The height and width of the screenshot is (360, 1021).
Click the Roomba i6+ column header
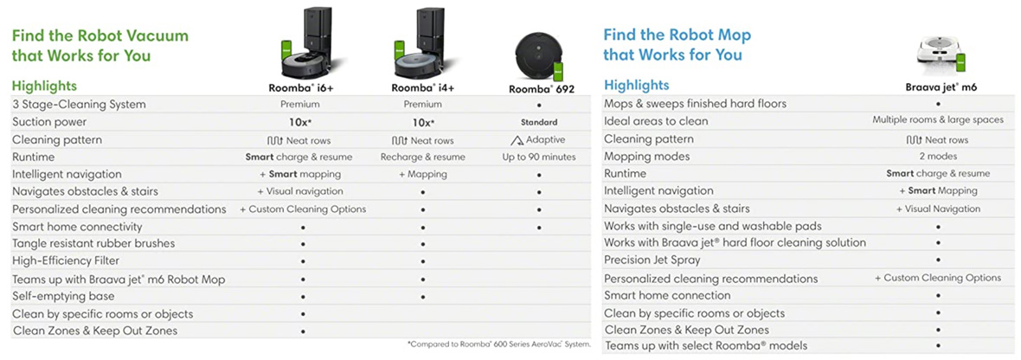coord(301,87)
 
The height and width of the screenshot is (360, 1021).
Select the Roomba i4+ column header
coord(422,87)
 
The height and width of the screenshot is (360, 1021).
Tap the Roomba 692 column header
coord(541,88)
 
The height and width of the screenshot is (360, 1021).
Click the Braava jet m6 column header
coord(939,87)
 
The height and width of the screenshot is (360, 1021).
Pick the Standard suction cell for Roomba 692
coord(539,122)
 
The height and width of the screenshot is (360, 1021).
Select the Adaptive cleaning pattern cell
coord(538,139)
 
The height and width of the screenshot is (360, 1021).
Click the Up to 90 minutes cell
coord(539,157)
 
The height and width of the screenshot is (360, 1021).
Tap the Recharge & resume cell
coord(422,157)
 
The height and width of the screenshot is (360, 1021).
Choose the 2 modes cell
coord(938,157)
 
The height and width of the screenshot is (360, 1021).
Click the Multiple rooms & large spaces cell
coord(938,120)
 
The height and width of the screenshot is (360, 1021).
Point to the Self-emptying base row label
coord(63,296)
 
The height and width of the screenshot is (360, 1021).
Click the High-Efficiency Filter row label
coord(66,260)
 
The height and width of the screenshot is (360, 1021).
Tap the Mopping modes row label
coord(646,157)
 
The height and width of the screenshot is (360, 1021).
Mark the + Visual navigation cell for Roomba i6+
coord(300,191)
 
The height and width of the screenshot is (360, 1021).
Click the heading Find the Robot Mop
coord(677,35)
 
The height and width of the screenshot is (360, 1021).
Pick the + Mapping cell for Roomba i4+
coord(422,174)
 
